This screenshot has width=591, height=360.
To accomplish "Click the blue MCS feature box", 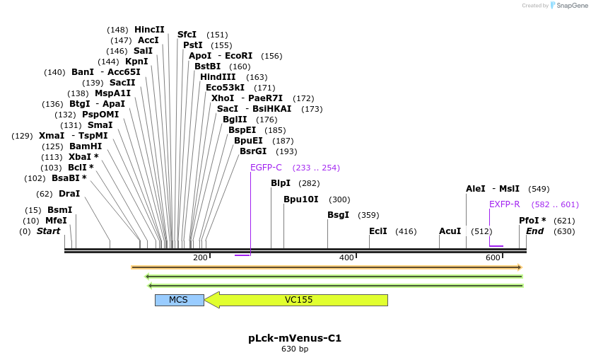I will pyautogui.click(x=179, y=300).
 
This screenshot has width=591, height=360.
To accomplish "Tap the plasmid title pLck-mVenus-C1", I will pyautogui.click(x=295, y=338).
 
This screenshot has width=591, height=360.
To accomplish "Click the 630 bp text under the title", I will pyautogui.click(x=295, y=349).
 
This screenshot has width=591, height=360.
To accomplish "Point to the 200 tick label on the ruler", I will pyautogui.click(x=200, y=257).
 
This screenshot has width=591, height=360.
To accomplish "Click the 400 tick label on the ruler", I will pyautogui.click(x=346, y=257).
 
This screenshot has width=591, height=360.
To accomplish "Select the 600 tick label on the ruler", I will pyautogui.click(x=493, y=257).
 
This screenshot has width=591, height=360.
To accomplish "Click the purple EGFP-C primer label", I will pyautogui.click(x=266, y=168).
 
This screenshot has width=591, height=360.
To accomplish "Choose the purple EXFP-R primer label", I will pyautogui.click(x=504, y=204).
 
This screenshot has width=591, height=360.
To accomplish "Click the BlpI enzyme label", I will pyautogui.click(x=281, y=183).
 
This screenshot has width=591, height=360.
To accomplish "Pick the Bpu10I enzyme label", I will pyautogui.click(x=301, y=199).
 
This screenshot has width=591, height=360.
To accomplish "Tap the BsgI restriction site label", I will pyautogui.click(x=338, y=215).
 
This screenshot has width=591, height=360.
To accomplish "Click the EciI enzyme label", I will pyautogui.click(x=378, y=231).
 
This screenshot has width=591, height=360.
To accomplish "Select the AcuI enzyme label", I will pyautogui.click(x=450, y=231).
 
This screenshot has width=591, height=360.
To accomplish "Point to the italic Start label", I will pyautogui.click(x=48, y=231).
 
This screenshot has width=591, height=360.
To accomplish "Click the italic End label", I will pyautogui.click(x=534, y=231).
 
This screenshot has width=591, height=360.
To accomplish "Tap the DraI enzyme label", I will pyautogui.click(x=69, y=194).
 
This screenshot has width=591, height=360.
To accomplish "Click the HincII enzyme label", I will pyautogui.click(x=149, y=30).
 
